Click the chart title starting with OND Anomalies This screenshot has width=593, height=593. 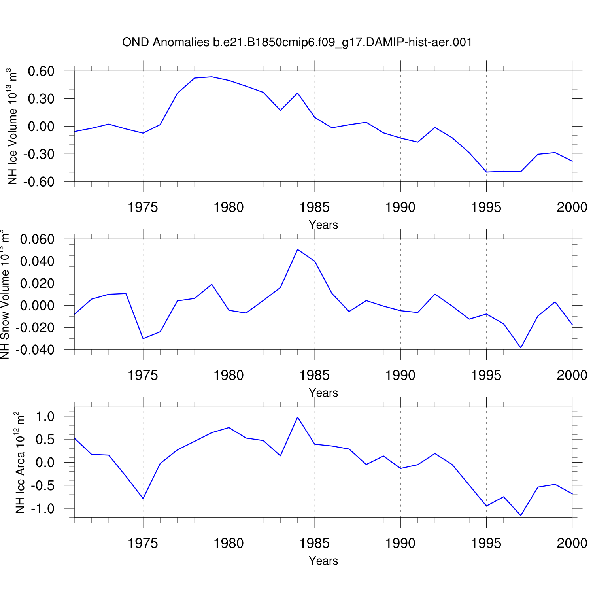[x=297, y=42]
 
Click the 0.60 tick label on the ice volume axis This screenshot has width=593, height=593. [x=41, y=72]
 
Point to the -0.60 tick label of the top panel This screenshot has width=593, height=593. [x=38, y=182]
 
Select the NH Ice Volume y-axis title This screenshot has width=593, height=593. [x=13, y=127]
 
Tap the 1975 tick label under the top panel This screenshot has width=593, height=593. [x=143, y=207]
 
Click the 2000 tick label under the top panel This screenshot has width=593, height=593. [x=572, y=207]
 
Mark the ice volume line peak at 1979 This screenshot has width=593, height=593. [x=212, y=77]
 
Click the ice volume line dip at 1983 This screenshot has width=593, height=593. [x=280, y=110]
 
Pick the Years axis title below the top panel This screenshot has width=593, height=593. [x=323, y=225]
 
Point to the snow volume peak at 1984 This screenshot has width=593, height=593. [x=298, y=249]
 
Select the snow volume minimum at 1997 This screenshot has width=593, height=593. [x=521, y=348]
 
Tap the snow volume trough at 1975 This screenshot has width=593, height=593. [x=143, y=339]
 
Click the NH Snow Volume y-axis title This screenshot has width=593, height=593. [x=5, y=295]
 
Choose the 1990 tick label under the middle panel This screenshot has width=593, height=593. [x=400, y=375]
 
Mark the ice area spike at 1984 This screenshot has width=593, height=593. [x=298, y=417]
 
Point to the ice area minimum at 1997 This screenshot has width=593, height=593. [x=521, y=516]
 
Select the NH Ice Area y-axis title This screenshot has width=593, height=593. [x=20, y=463]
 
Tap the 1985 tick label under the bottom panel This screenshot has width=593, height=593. [x=314, y=543]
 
